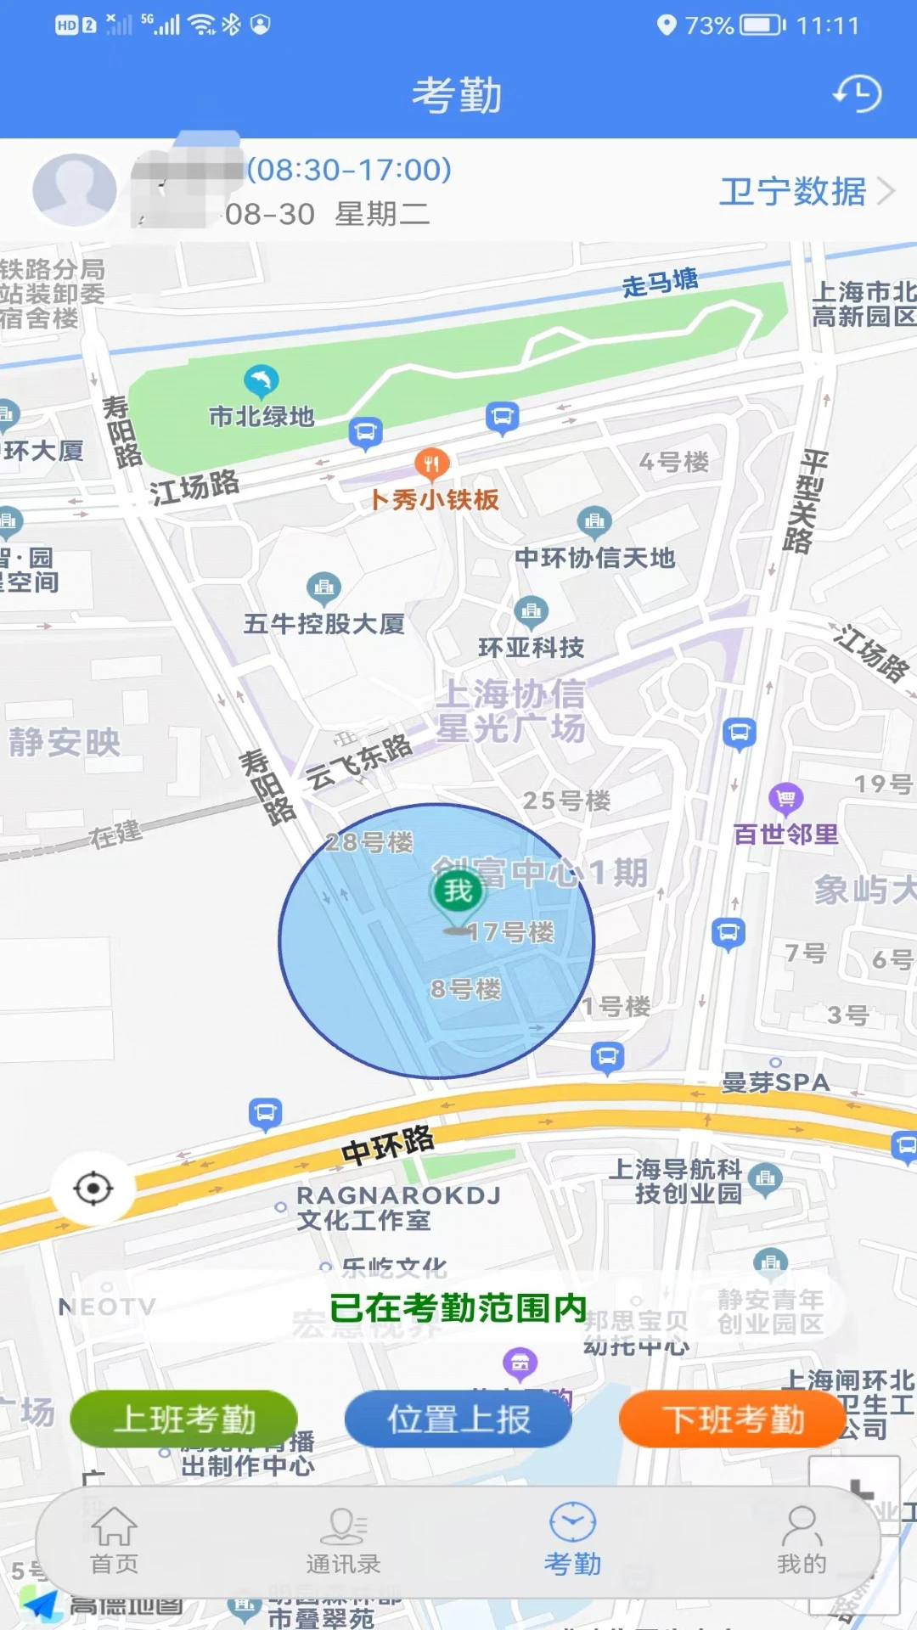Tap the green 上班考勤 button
pos(184,1419)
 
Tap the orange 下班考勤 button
pos(733,1419)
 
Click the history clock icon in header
pos(858,94)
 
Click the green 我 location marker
pos(458,891)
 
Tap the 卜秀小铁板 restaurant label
pos(435,499)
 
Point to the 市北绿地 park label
pos(262,416)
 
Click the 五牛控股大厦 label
pos(323,624)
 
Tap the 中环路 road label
pos(387,1145)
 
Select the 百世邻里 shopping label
pos(786,834)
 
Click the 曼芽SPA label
pos(775,1082)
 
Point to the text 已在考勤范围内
pos(458,1307)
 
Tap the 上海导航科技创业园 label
pos(676,1182)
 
